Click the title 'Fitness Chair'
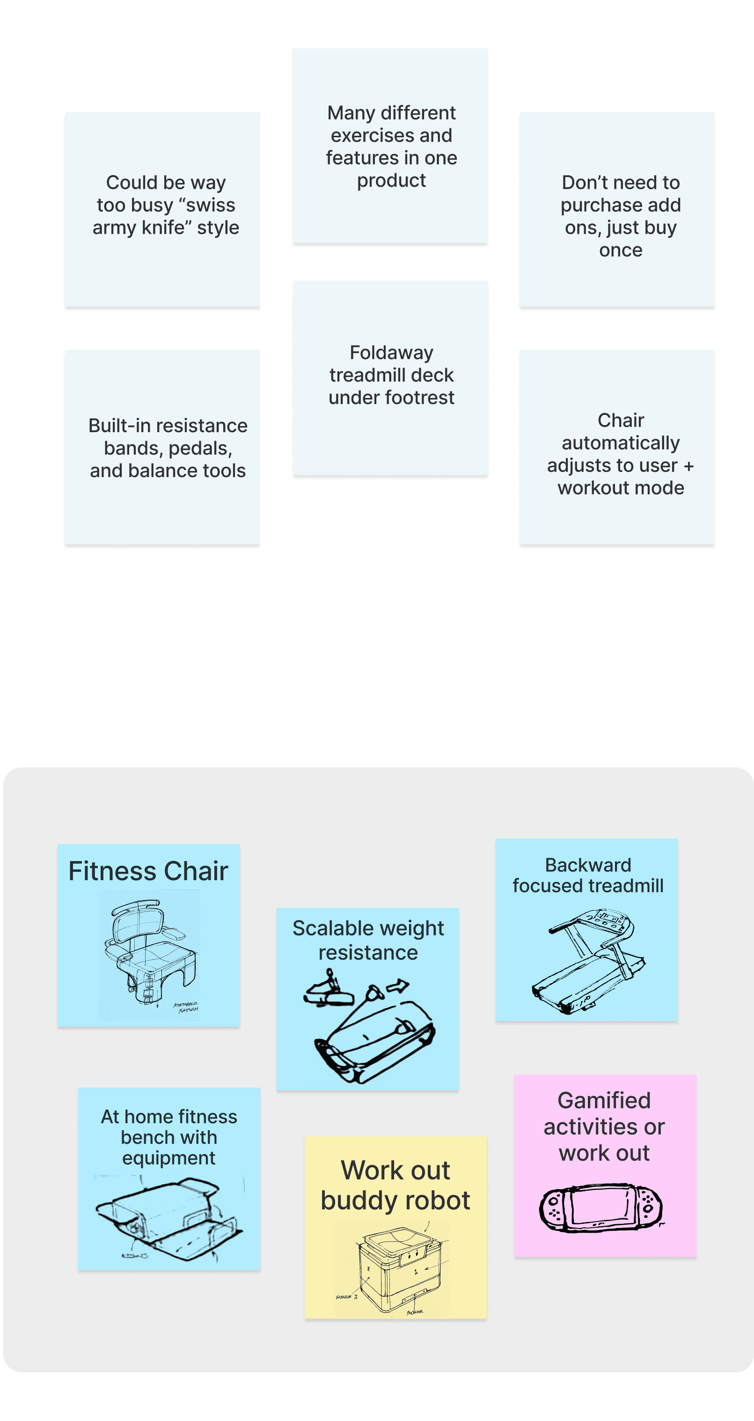[148, 872]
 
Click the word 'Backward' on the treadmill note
[588, 865]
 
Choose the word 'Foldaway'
[392, 353]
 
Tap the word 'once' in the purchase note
[621, 250]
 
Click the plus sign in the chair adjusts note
[688, 466]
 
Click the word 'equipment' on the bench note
[169, 1158]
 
